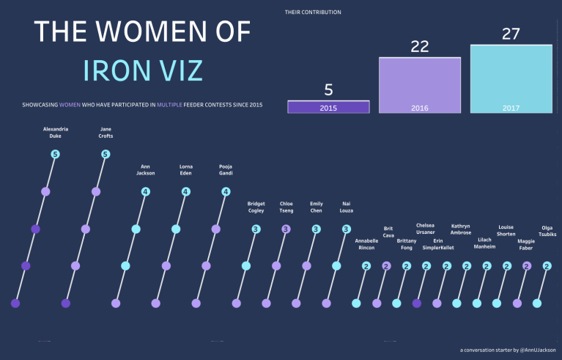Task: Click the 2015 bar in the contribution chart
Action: tap(328, 107)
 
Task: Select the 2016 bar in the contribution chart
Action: tap(420, 85)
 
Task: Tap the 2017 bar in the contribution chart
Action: tap(511, 79)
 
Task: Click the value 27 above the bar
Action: tap(511, 34)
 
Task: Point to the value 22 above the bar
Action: tap(419, 45)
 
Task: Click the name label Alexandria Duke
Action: tap(56, 132)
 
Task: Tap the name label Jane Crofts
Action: tap(106, 132)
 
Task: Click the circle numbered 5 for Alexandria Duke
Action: tap(55, 154)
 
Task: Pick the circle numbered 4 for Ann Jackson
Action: tap(146, 192)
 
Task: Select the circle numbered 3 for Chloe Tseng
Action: tap(286, 229)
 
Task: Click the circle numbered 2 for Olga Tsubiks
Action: tap(547, 266)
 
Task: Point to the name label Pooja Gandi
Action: tap(226, 169)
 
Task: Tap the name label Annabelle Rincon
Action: tap(366, 244)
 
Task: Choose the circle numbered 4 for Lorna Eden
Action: tap(186, 192)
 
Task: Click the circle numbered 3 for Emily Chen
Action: tap(316, 229)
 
